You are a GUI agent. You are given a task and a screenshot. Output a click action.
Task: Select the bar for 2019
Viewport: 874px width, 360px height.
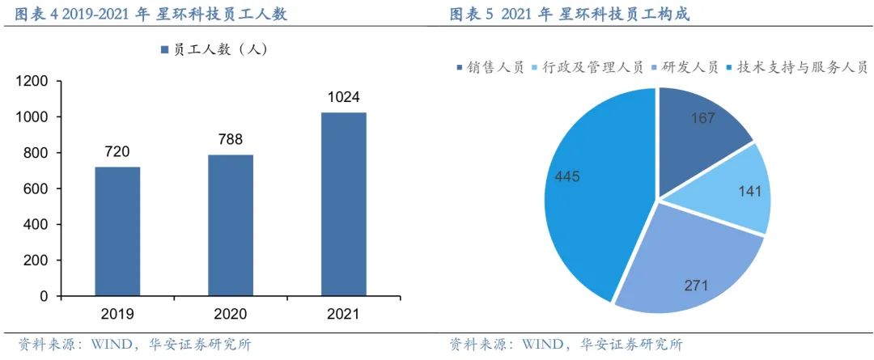pos(117,231)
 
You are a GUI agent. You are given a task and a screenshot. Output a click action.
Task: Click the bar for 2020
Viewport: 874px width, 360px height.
pos(231,225)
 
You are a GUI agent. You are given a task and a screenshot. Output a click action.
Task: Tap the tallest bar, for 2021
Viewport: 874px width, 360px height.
pos(344,204)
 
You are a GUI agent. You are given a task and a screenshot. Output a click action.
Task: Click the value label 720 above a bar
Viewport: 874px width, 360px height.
pos(117,151)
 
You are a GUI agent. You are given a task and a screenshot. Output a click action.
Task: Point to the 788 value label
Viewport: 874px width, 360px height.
pos(231,139)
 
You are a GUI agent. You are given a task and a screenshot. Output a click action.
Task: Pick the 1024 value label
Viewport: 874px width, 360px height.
pos(344,97)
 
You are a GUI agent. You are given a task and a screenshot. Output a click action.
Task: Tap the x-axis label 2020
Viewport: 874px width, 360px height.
pos(231,314)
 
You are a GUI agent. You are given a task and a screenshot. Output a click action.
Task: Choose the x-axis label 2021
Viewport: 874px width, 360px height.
pos(344,314)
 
